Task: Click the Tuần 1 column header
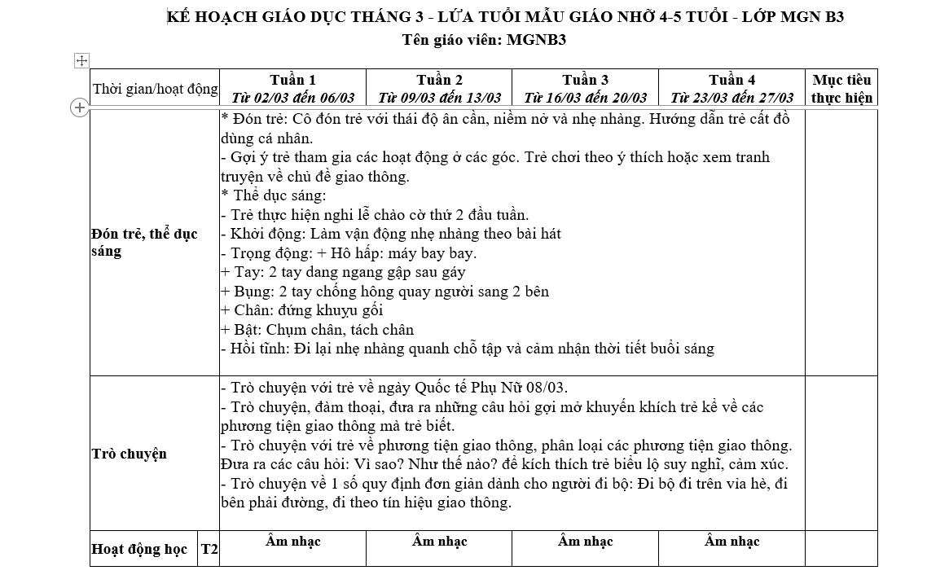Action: click(292, 80)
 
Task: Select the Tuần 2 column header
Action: click(439, 80)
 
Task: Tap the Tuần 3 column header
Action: click(585, 80)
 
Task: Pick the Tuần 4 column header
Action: click(731, 80)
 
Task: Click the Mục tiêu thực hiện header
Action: click(841, 89)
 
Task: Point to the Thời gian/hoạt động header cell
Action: click(155, 89)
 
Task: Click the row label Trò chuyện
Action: click(130, 454)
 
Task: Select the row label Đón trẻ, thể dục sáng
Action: click(144, 243)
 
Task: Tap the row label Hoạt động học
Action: click(139, 549)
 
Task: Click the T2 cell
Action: click(209, 550)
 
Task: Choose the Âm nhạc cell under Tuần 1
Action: click(292, 542)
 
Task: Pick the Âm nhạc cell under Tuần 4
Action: click(731, 542)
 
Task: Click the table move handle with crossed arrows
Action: click(81, 60)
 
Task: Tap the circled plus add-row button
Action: click(80, 107)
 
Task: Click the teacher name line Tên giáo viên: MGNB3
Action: click(484, 39)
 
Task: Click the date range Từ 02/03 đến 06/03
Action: click(292, 98)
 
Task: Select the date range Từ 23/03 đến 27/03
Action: click(731, 98)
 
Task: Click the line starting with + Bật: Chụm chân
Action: click(318, 330)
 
